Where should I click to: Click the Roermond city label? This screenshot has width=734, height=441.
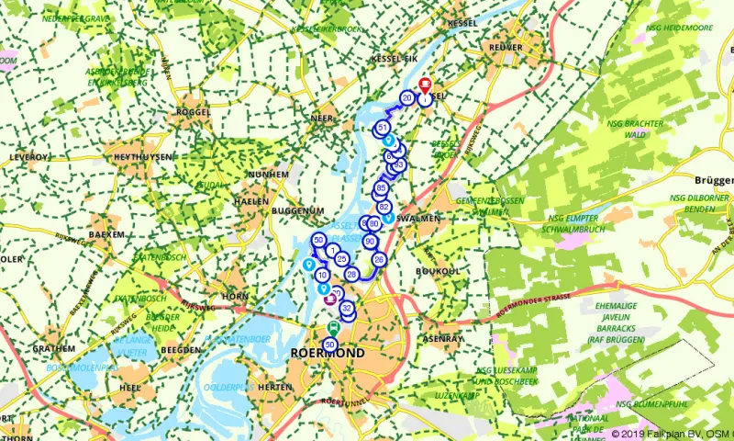pos(327,353)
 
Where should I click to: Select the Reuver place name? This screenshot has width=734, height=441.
pos(506,47)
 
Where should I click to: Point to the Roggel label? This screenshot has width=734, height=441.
pos(192,112)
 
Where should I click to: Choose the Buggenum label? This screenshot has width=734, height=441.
pos(294,211)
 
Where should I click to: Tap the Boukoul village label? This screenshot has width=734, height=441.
pos(436,271)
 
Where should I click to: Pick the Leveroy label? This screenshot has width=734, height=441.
pos(28,157)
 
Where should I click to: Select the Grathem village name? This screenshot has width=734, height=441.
pos(53,349)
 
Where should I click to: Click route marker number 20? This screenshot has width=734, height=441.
pos(407,97)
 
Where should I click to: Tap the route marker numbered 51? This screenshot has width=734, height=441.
pos(382,127)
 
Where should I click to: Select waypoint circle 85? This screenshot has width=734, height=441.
pos(381,188)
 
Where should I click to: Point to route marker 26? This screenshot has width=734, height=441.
pos(379,260)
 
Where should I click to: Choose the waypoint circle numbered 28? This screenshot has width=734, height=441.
pos(351,274)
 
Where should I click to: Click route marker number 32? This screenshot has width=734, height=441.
pos(347,308)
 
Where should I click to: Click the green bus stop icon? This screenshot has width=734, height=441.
pos(335,328)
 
